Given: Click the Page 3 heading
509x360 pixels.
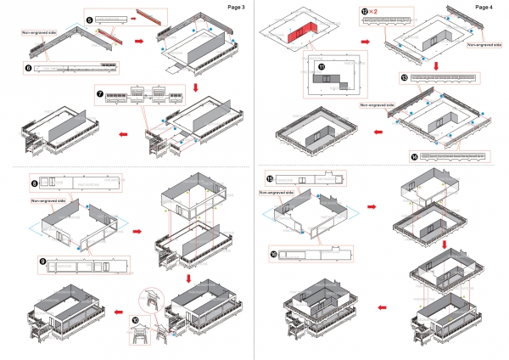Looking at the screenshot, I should tap(237, 7).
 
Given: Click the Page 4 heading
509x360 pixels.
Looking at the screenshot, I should tap(484, 7).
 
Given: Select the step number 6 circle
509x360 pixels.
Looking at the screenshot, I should tap(28, 65).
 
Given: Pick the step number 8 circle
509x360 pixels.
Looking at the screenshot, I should tap(34, 182).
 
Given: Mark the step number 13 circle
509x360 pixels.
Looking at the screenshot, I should tap(404, 77).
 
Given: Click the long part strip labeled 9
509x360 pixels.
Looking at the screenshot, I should tap(85, 264).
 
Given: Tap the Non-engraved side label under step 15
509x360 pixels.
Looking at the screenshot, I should tap(277, 193).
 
